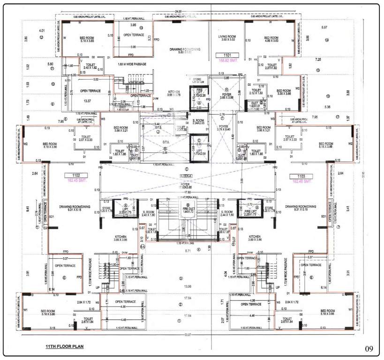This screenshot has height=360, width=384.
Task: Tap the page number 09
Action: click(369, 349)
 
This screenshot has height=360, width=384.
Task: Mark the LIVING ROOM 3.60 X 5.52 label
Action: click(227, 39)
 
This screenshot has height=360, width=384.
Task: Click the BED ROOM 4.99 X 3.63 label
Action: click(271, 39)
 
